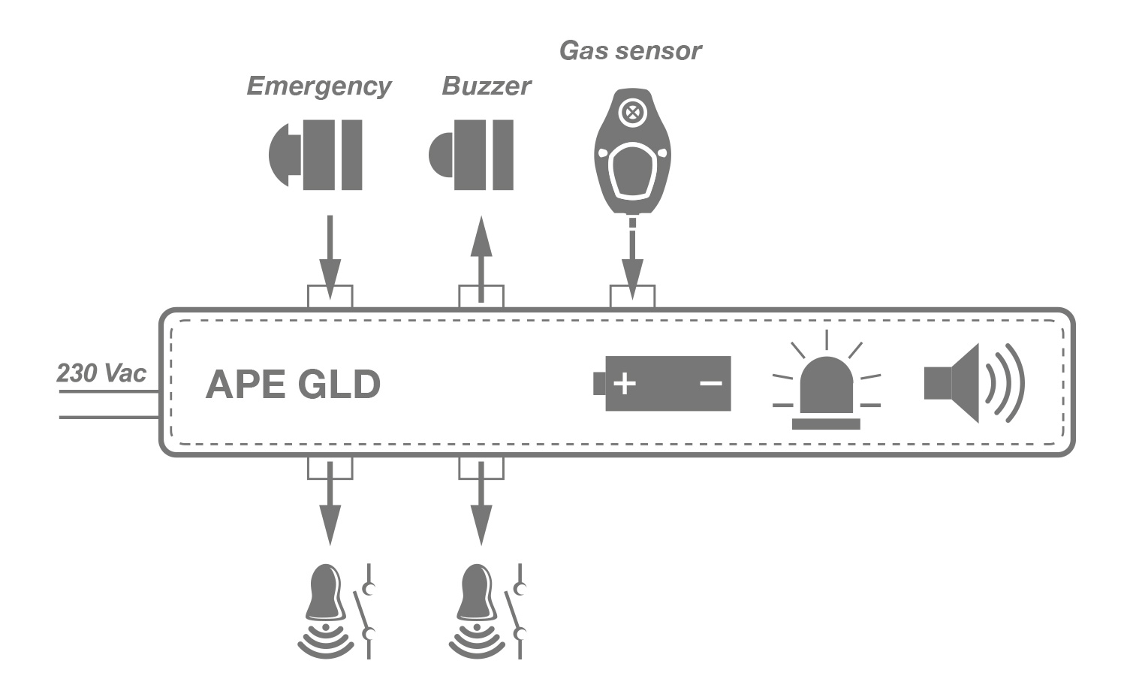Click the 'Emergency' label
[318, 87]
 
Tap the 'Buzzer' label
[486, 86]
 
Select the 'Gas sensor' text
[630, 50]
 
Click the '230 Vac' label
[101, 373]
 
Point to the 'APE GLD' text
[293, 385]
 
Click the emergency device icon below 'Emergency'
[316, 155]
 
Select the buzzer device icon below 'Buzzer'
[472, 155]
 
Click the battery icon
[661, 384]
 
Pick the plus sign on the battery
[624, 384]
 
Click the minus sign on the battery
[710, 384]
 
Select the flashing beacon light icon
[826, 387]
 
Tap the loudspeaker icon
[974, 383]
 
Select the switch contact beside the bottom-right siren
[517, 610]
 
